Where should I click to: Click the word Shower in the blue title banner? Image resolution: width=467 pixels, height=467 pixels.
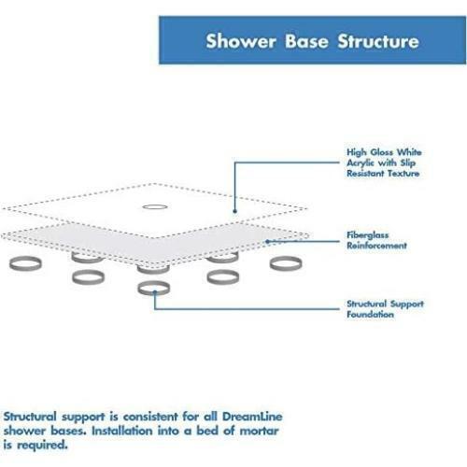point(241,41)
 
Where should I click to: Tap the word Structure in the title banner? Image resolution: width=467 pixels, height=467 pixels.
point(378,41)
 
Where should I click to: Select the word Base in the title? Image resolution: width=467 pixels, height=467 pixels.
point(306,41)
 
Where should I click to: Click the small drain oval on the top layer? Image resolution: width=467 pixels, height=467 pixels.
point(155,206)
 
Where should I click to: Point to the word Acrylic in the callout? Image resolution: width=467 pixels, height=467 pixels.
point(361,163)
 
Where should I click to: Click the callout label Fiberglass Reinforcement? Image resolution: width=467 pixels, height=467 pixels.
point(376,240)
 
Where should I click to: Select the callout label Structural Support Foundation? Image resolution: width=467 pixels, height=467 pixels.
point(385,309)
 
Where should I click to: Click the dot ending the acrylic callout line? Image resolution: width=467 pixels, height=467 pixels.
point(235,211)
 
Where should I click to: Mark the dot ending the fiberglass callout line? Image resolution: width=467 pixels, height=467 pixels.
point(267,241)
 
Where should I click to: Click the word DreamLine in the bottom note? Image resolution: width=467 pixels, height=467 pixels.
point(252,417)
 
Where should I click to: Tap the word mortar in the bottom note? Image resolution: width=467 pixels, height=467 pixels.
point(259,431)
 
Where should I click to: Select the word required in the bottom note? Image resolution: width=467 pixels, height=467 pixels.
point(42,446)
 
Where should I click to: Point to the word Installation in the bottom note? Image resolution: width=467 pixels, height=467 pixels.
point(122,431)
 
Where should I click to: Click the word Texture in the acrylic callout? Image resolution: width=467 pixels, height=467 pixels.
point(403,174)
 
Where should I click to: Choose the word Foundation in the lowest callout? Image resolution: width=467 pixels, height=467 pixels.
point(370,314)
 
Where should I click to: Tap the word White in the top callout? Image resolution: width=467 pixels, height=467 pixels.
point(409,152)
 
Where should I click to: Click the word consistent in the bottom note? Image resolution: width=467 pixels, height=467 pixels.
point(150,417)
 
